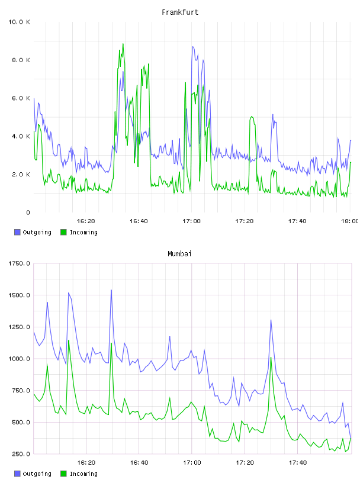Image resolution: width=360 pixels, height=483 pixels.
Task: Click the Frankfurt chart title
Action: click(180, 12)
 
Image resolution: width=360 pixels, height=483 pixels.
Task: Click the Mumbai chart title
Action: click(179, 254)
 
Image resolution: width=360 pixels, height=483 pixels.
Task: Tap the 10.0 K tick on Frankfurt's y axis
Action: click(19, 22)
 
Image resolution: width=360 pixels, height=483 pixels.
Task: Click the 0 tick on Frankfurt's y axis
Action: click(28, 212)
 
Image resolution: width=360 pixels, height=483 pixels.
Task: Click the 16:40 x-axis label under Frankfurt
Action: click(139, 221)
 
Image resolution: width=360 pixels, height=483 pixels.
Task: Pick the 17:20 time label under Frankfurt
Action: click(245, 221)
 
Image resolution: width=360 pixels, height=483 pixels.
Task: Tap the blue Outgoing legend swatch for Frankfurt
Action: click(17, 232)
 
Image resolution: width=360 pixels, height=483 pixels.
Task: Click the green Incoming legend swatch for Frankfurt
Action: click(63, 232)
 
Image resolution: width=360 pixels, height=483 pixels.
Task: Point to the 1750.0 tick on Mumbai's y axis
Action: click(19, 263)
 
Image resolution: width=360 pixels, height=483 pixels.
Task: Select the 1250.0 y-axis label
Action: click(19, 327)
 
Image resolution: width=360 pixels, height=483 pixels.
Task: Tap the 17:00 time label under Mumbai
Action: click(192, 463)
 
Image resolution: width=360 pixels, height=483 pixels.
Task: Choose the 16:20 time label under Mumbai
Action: click(86, 463)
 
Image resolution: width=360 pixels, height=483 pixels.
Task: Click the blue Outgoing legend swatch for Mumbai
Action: click(17, 474)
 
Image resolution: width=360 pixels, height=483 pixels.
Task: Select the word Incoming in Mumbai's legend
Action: click(83, 474)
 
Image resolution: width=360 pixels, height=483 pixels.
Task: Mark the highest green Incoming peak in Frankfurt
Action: click(123, 44)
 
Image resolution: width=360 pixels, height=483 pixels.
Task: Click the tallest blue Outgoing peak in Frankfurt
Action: click(193, 47)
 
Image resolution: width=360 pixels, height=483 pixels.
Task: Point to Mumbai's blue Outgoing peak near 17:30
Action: click(271, 320)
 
